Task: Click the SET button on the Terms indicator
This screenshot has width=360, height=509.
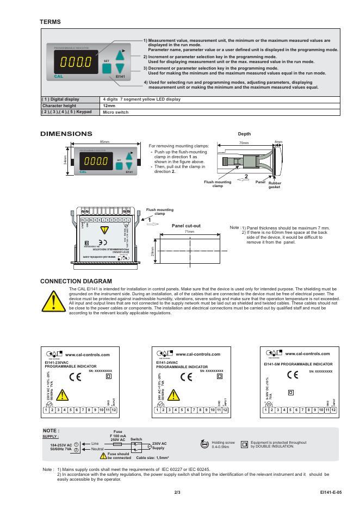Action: (107, 69)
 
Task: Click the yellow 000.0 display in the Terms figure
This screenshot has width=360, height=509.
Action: (76, 61)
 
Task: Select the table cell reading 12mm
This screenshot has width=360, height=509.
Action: (109, 105)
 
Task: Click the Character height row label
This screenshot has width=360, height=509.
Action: (60, 105)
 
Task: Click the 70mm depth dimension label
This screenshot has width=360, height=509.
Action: (244, 143)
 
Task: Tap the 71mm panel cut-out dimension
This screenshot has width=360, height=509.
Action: (190, 232)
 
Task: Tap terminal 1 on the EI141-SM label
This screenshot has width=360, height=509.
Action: (266, 409)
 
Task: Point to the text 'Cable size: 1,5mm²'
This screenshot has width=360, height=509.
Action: (160, 458)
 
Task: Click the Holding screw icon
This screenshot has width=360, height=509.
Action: (204, 444)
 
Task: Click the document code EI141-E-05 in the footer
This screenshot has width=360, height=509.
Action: (331, 492)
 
